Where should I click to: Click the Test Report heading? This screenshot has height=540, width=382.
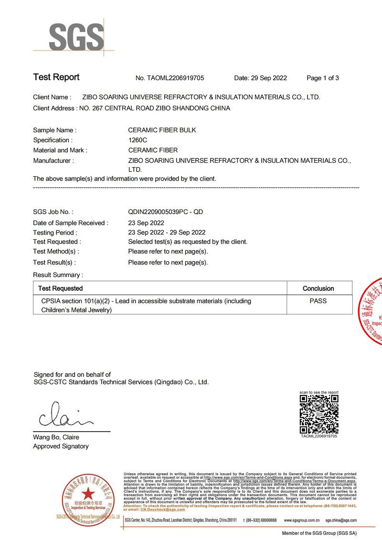tap(56, 77)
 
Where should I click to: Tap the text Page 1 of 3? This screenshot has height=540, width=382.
tap(322, 78)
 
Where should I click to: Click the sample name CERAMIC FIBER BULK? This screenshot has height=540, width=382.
tap(162, 130)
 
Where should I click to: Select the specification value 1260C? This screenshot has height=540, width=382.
tap(138, 140)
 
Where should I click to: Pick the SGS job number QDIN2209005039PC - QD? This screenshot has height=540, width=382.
tap(165, 212)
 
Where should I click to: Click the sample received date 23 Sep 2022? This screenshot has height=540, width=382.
tap(146, 223)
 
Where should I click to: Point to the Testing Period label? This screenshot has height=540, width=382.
tap(54, 233)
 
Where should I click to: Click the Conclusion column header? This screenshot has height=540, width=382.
tap(318, 288)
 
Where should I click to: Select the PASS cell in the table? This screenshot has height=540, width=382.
tap(318, 301)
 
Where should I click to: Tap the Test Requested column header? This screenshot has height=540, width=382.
tap(60, 288)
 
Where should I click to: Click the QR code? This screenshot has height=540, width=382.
tap(319, 413)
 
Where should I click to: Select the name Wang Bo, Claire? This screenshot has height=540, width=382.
tap(56, 437)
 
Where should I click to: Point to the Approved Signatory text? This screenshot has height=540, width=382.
tap(61, 446)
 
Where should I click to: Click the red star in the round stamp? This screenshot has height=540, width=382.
tap(87, 494)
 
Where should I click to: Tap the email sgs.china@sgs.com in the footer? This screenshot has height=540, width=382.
tap(341, 520)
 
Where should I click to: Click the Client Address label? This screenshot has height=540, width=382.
tap(54, 108)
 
